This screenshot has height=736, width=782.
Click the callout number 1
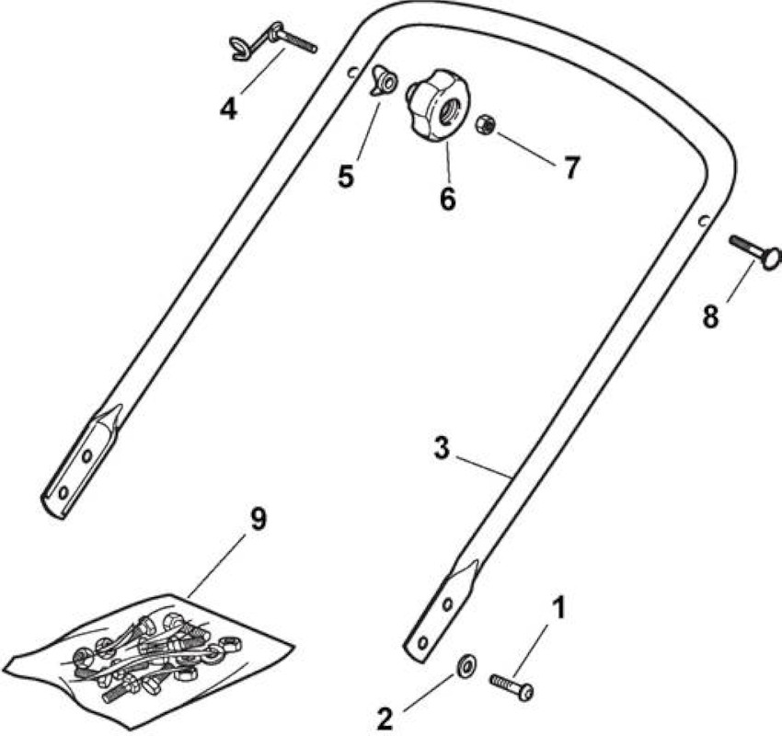[559, 609]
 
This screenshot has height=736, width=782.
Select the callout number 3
[442, 448]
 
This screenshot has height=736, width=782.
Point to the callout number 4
[228, 109]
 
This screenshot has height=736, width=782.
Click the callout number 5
[346, 176]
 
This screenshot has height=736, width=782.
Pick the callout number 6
[448, 198]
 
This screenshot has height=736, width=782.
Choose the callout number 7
[571, 167]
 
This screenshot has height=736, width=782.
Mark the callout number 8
[710, 316]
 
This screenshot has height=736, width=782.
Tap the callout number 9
[259, 519]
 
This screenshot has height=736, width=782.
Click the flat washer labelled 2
[466, 665]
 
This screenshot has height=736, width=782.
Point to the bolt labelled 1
[512, 686]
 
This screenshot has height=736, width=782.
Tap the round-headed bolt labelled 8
[754, 252]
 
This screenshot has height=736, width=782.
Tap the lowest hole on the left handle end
[63, 493]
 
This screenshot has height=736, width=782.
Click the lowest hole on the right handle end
[423, 643]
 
